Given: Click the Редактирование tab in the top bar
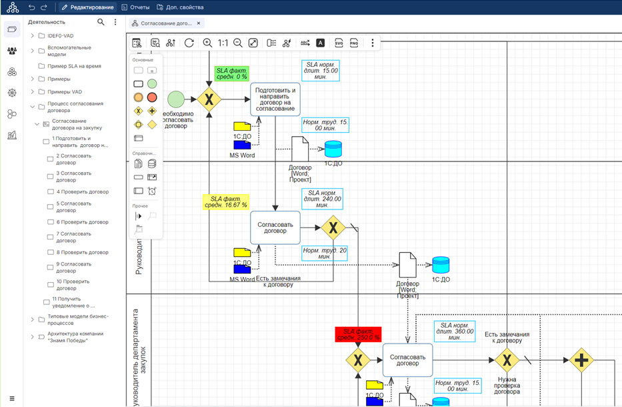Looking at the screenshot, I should coord(87,7).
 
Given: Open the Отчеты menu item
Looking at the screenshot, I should coord(135,7).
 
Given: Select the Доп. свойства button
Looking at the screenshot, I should coord(180,7).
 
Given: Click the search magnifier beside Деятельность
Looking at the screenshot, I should coord(101,22).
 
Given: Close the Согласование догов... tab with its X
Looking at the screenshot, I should coord(199,23).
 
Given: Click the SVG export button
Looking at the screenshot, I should coord(339,43).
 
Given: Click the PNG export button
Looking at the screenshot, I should coord(354,43).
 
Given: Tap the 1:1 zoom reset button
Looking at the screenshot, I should coord(223,43).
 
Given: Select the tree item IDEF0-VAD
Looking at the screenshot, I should coord(61,35).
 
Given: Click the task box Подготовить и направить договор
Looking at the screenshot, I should coord(275,99).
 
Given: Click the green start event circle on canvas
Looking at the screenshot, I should coord(175,99).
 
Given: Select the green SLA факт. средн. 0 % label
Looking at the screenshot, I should coord(231,73).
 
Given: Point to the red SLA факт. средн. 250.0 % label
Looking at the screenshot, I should coord(357,334).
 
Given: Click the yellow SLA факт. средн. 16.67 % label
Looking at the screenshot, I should coord(225,201).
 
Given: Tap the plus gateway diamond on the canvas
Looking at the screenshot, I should coord(581,360).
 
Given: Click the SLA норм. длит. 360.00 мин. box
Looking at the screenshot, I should coord(455,331).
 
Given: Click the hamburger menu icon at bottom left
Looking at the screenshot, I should coord(12,398).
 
